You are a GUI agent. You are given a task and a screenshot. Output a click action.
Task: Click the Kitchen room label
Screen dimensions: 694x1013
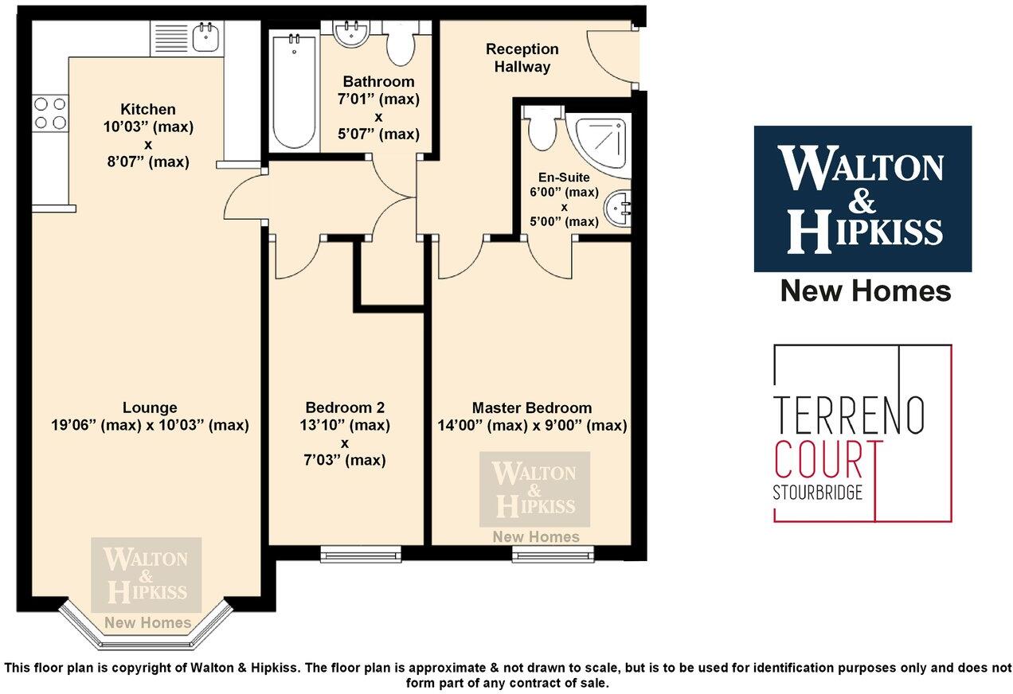[x=148, y=109]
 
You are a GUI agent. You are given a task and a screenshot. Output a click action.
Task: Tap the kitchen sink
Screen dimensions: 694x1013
[x=207, y=37]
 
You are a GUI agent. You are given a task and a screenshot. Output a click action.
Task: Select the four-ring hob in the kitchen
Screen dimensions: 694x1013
[x=49, y=112]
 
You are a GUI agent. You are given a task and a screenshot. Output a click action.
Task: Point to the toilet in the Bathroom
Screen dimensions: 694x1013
[x=400, y=45]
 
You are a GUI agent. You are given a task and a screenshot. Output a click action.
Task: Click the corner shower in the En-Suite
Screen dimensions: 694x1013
[x=599, y=142]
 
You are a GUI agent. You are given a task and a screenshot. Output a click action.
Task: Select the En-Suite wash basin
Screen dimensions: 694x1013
[x=618, y=209]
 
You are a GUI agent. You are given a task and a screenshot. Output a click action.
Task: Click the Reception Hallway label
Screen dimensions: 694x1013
[x=522, y=58]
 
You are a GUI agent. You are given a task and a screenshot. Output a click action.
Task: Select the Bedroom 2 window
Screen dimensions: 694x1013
[x=361, y=552]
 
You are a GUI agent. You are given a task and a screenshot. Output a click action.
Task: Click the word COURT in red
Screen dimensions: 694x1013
[x=828, y=459]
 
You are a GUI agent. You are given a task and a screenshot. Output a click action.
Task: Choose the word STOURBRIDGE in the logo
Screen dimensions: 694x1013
[x=818, y=493]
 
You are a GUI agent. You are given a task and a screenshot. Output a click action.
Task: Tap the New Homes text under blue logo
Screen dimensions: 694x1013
[x=865, y=291]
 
